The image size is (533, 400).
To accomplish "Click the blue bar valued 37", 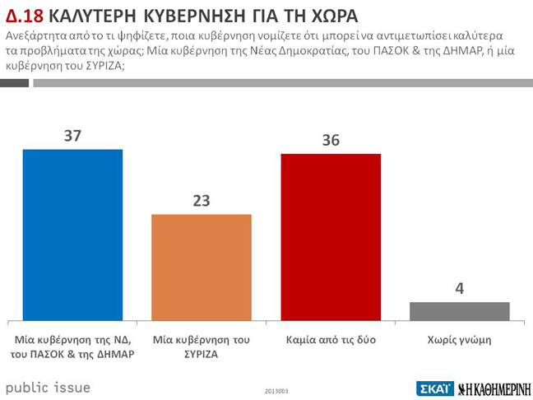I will tap(72, 235).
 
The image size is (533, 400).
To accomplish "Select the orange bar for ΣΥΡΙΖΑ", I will tap(202, 267).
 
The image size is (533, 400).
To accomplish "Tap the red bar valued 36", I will tap(331, 237).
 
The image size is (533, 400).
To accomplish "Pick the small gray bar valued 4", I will tap(459, 311).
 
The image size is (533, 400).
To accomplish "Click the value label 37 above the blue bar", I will tap(72, 136).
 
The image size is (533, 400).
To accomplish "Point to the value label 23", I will tap(202, 201).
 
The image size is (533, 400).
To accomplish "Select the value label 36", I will tap(331, 141).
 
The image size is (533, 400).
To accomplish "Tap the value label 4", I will tap(460, 289).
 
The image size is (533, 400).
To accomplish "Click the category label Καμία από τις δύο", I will tap(331, 339).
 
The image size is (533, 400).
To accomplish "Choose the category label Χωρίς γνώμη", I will tap(460, 339).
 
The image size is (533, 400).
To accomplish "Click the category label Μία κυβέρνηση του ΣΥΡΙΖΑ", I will tap(202, 347).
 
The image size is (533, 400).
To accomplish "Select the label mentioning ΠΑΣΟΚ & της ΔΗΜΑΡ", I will tap(72, 347).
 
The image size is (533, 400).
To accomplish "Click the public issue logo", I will tap(48, 387).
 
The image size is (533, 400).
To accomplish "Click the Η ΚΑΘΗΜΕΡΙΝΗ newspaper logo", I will tap(494, 388).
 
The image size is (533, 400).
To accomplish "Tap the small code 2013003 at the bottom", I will tap(277, 390).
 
